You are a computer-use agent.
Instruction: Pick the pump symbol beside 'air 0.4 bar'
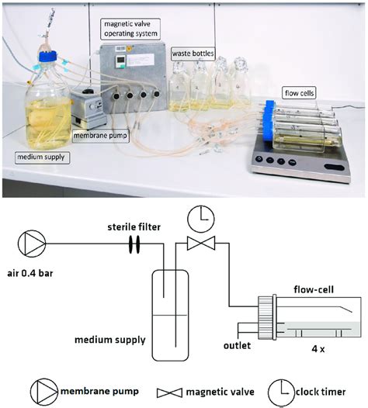(36, 244)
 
